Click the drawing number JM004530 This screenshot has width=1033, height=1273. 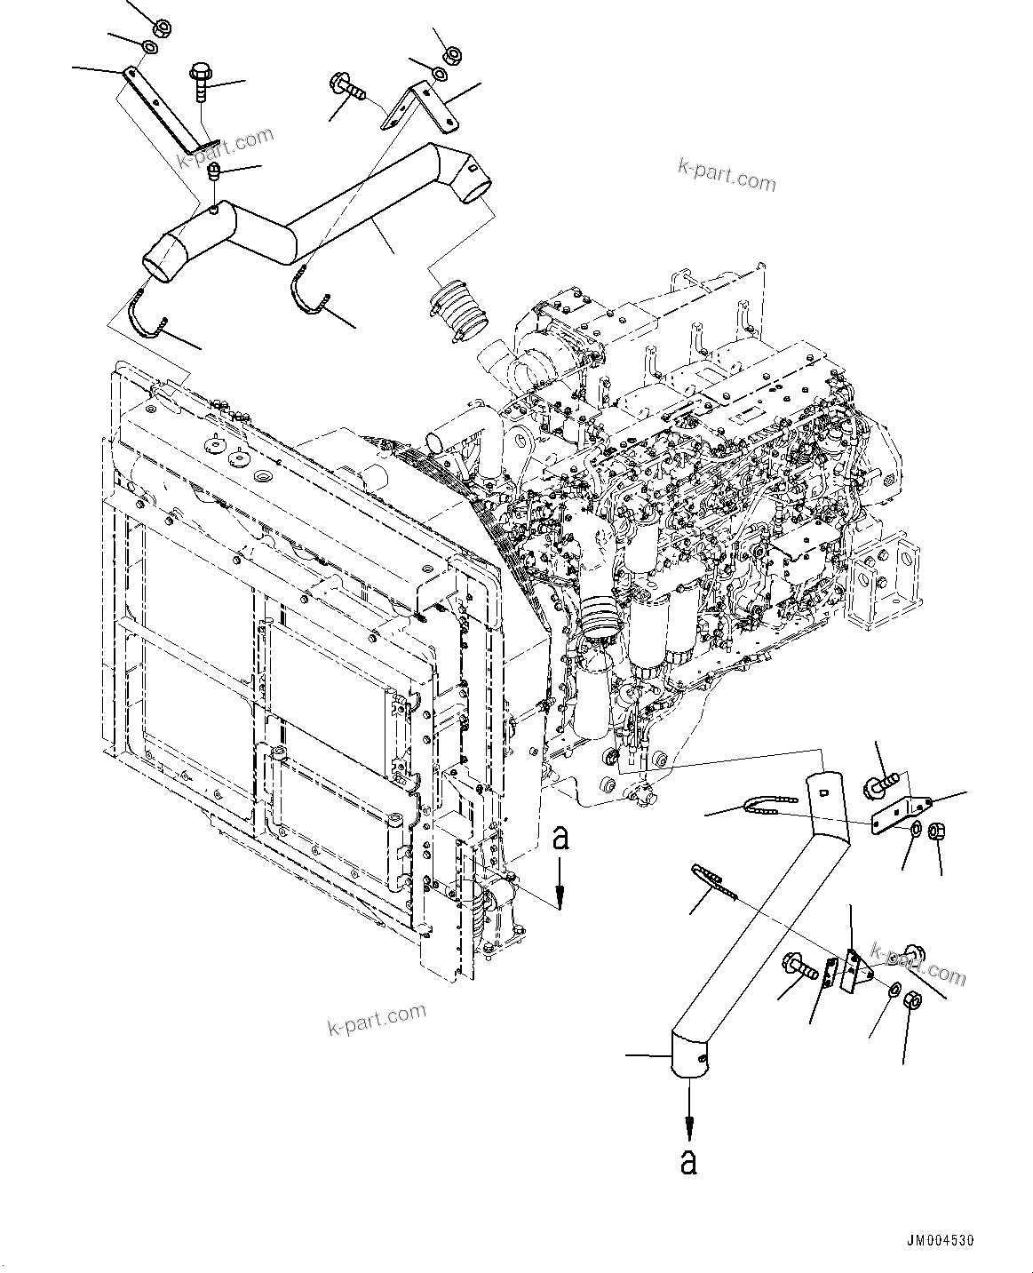point(945,1240)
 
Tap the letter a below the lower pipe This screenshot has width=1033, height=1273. point(688,1162)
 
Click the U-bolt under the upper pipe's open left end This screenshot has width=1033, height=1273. point(147,316)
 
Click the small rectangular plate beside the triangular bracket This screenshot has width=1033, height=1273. point(831,972)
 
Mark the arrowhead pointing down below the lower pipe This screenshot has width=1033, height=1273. point(688,1128)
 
